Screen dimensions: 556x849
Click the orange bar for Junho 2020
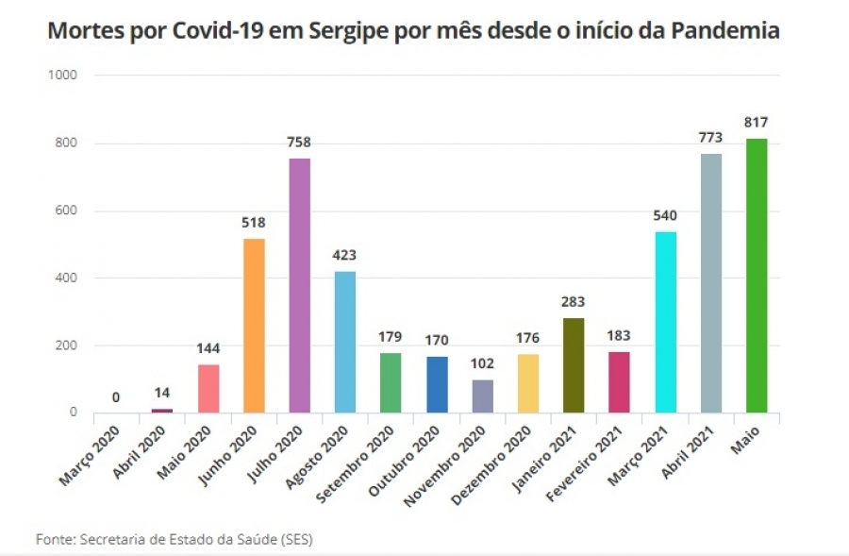[254, 326]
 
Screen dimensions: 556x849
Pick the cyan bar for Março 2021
[665, 322]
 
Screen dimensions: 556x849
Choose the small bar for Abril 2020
[162, 411]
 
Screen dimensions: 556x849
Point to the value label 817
[757, 122]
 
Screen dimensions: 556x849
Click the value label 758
[299, 143]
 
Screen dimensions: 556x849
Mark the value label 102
[482, 363]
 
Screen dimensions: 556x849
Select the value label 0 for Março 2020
[116, 397]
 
